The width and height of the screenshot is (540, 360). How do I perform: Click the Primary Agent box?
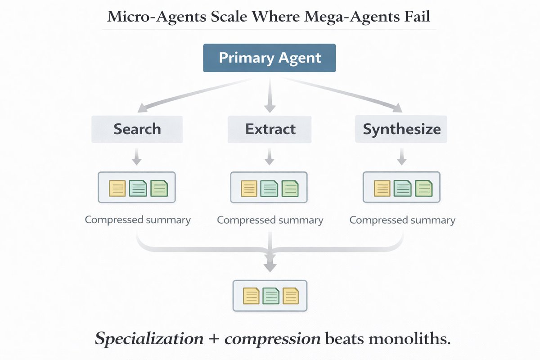click(x=270, y=58)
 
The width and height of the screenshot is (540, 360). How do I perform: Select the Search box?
click(x=137, y=129)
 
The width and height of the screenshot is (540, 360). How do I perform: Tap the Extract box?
click(x=270, y=129)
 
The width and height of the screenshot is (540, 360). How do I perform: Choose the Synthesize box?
click(x=401, y=129)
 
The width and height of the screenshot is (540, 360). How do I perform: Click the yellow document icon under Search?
click(x=117, y=188)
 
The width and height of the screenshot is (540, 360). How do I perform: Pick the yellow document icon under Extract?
click(x=249, y=188)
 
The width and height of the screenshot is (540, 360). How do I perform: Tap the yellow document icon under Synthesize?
click(x=382, y=188)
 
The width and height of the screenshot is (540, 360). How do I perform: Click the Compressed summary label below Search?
click(x=138, y=220)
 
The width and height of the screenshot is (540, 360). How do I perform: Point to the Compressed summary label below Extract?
click(x=270, y=220)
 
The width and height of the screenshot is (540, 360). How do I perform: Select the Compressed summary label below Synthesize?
click(x=402, y=220)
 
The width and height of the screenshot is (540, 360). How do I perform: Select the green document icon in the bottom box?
click(x=270, y=296)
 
